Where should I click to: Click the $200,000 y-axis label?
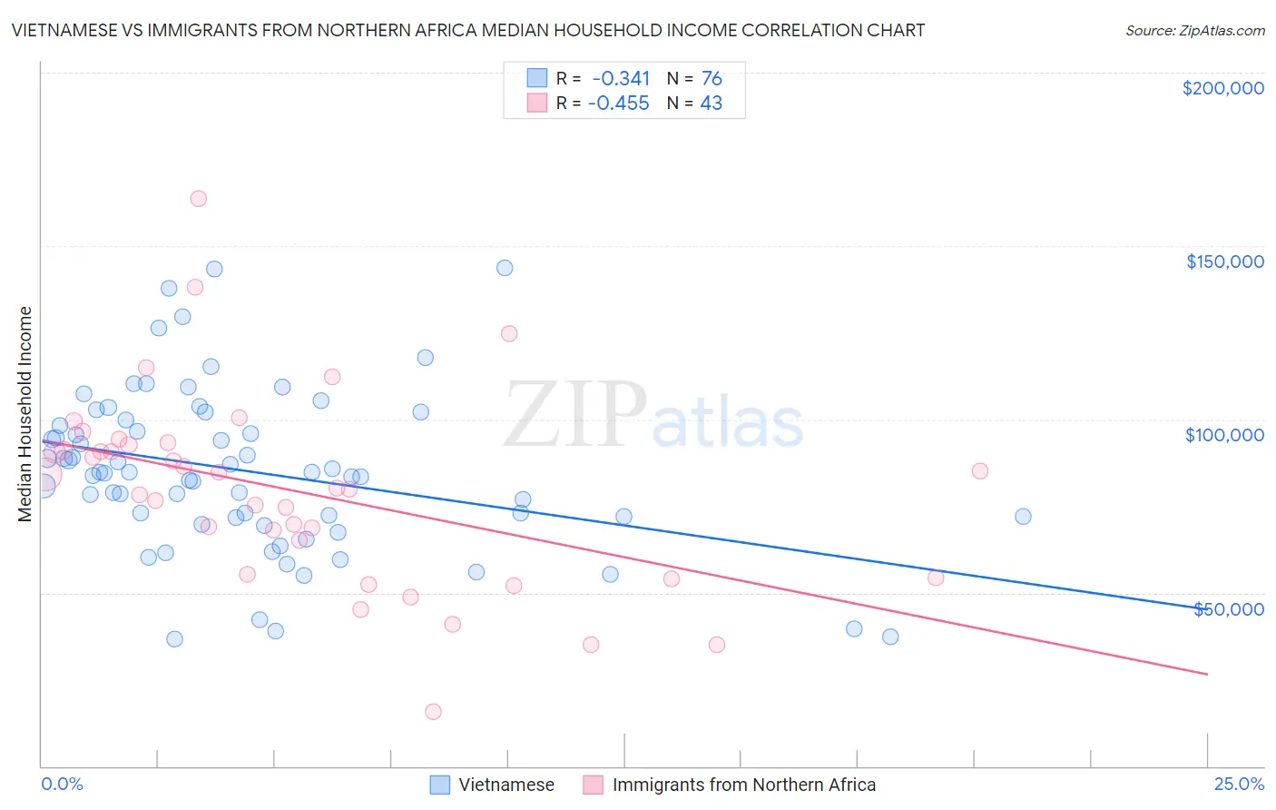[1222, 88]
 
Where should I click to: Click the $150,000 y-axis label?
[1224, 262]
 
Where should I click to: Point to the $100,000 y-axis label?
[1224, 435]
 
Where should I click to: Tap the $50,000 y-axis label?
[1228, 608]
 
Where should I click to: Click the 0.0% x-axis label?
[62, 784]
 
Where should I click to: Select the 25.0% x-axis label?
[1238, 784]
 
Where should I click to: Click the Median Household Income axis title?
[25, 414]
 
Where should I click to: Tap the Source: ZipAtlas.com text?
[1194, 30]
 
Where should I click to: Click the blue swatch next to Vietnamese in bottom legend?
[440, 785]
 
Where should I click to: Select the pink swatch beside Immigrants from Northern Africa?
[594, 785]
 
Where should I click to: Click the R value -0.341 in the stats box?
[621, 79]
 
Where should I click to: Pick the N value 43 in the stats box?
[711, 104]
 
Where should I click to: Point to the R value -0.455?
[619, 104]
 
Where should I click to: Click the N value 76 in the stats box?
[711, 79]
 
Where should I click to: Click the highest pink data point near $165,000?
[198, 199]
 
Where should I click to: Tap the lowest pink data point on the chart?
[433, 712]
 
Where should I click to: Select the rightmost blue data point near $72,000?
[1023, 517]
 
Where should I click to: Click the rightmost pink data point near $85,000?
[979, 471]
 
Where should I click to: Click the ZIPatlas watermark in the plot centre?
[653, 417]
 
